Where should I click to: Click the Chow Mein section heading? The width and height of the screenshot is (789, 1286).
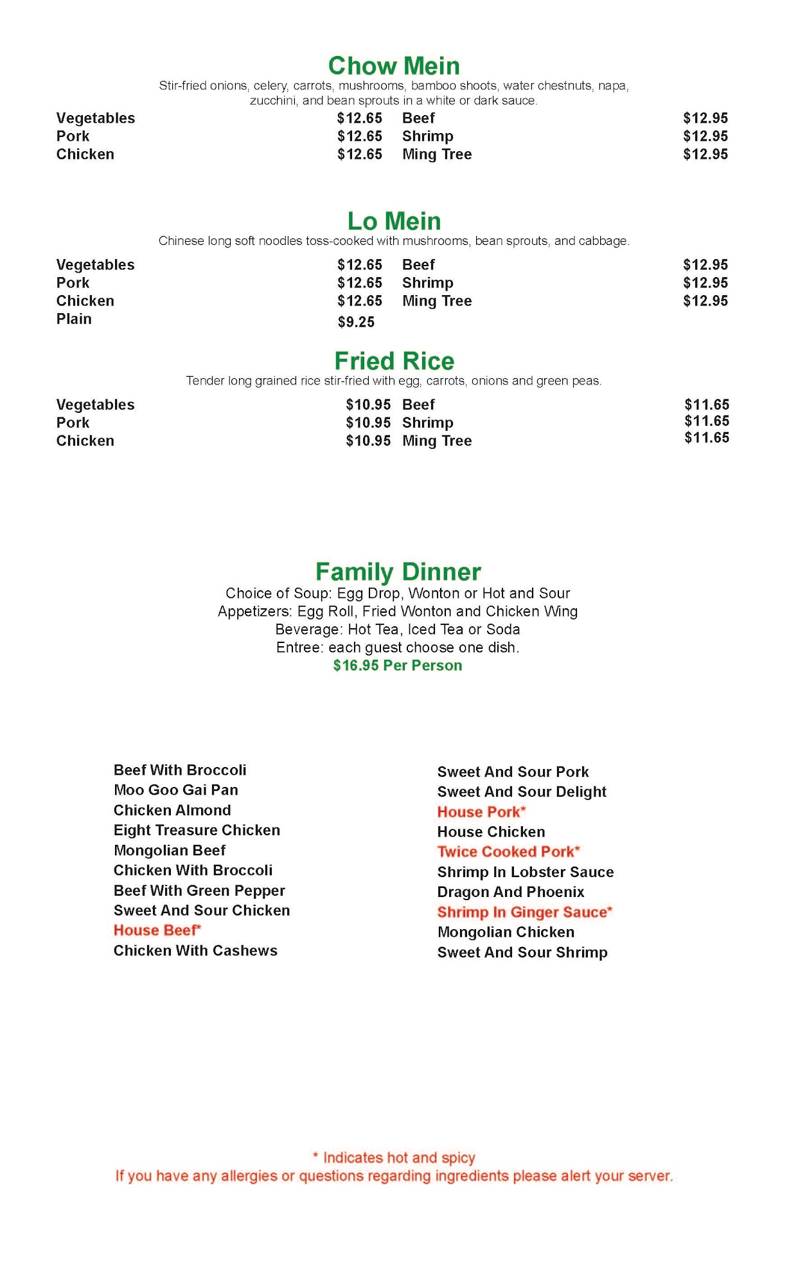click(x=394, y=66)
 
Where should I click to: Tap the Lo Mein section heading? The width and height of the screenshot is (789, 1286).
click(x=394, y=221)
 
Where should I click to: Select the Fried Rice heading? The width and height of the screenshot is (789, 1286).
click(x=394, y=361)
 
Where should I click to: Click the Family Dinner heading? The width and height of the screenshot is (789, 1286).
click(x=398, y=572)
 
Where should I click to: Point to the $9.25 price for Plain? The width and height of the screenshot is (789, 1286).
click(x=356, y=322)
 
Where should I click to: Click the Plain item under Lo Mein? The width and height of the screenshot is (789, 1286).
click(x=74, y=319)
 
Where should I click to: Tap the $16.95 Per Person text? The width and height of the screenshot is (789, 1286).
click(x=398, y=666)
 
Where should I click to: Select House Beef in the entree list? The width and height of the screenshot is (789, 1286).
click(x=157, y=930)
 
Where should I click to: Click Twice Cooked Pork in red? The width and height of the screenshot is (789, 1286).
click(x=508, y=852)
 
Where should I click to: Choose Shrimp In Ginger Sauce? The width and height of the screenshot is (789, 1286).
click(x=524, y=912)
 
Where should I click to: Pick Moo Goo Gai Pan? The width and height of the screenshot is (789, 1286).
click(x=175, y=790)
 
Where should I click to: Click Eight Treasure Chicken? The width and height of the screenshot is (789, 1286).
click(x=197, y=830)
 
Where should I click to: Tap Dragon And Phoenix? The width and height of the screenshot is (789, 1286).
click(x=511, y=892)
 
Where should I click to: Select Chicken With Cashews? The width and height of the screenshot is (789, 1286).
click(x=195, y=951)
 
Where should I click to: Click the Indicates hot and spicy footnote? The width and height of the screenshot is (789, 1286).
click(x=394, y=1158)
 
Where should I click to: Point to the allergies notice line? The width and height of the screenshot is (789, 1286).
click(x=394, y=1177)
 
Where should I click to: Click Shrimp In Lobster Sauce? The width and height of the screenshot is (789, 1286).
click(x=525, y=873)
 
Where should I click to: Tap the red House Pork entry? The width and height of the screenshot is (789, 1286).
click(x=481, y=812)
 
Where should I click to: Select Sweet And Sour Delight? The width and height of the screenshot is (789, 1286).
click(x=522, y=792)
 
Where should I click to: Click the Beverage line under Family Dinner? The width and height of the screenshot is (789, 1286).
click(x=398, y=629)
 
